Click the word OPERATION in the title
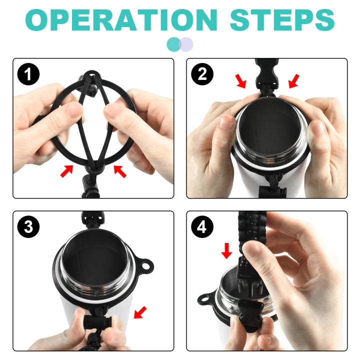[121, 19]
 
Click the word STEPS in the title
[282, 19]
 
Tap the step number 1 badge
[28, 74]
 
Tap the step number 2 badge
[202, 74]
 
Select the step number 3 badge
[28, 227]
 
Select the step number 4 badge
[202, 227]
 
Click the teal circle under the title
[174, 44]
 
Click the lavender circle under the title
[186, 44]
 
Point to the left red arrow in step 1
[66, 171]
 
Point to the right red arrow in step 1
[120, 171]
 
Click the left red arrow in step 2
[241, 81]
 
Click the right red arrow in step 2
[294, 81]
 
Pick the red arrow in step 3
[140, 312]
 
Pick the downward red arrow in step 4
[227, 251]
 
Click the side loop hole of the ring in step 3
[145, 266]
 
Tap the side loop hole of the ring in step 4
[204, 299]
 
